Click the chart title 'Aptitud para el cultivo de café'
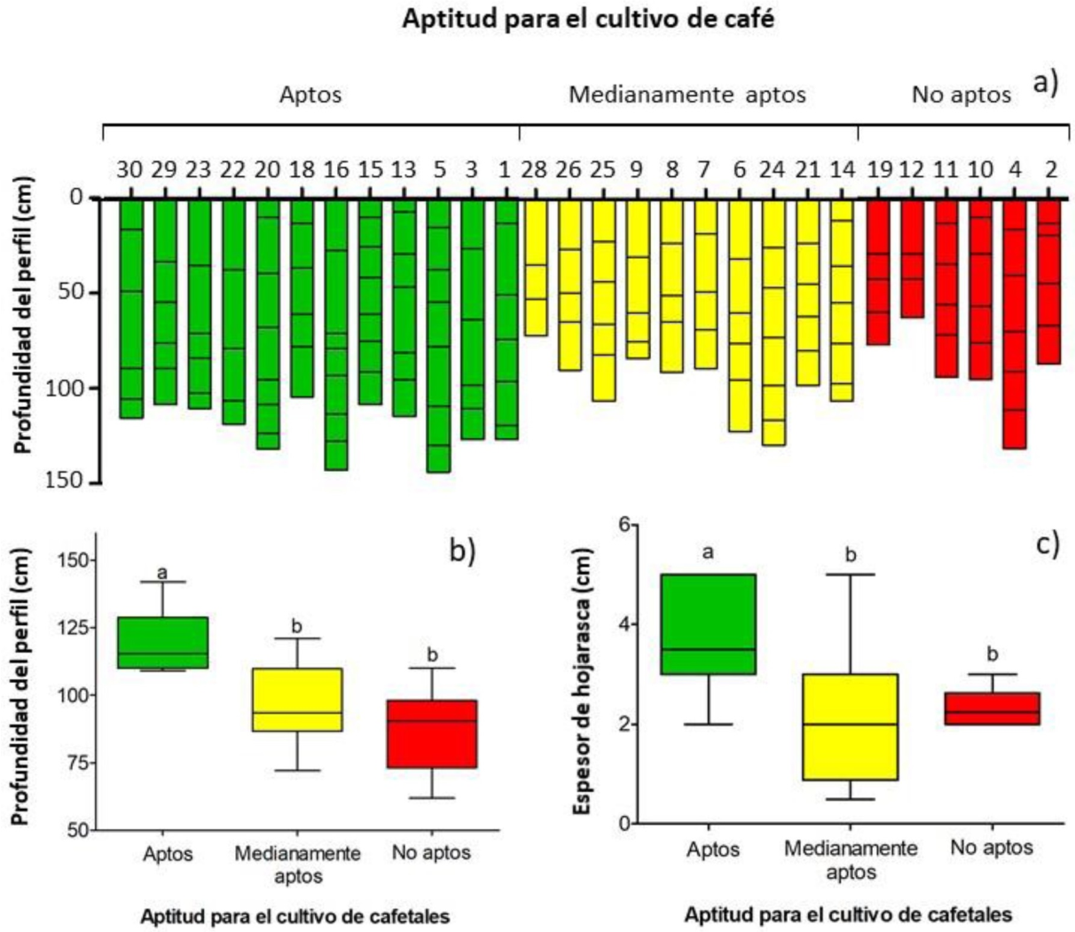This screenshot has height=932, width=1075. tap(588, 20)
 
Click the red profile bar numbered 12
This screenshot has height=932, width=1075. tap(913, 259)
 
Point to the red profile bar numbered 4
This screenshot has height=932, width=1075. tap(1015, 324)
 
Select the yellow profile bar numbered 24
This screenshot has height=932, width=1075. tap(773, 322)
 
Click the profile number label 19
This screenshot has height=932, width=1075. tap(877, 168)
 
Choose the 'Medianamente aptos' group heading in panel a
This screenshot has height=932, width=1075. tap(687, 94)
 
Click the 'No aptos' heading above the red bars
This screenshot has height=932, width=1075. tap(961, 94)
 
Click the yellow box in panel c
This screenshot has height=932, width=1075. tap(850, 727)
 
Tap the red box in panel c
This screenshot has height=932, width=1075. tap(992, 709)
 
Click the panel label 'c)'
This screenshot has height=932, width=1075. tap(1047, 544)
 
